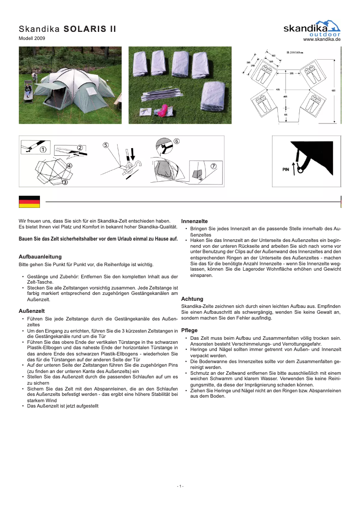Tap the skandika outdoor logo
click(312, 28)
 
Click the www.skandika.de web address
click(322, 39)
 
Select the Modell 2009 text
click(32, 39)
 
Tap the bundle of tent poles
click(163, 94)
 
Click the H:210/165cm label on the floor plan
click(294, 53)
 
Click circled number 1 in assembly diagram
click(43, 149)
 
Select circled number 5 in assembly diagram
click(105, 145)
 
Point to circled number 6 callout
click(176, 141)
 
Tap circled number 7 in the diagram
click(214, 166)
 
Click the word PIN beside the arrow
click(285, 170)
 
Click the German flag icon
click(29, 202)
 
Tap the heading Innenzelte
click(194, 221)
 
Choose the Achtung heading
click(192, 298)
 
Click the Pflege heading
click(189, 330)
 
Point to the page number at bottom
click(180, 486)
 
